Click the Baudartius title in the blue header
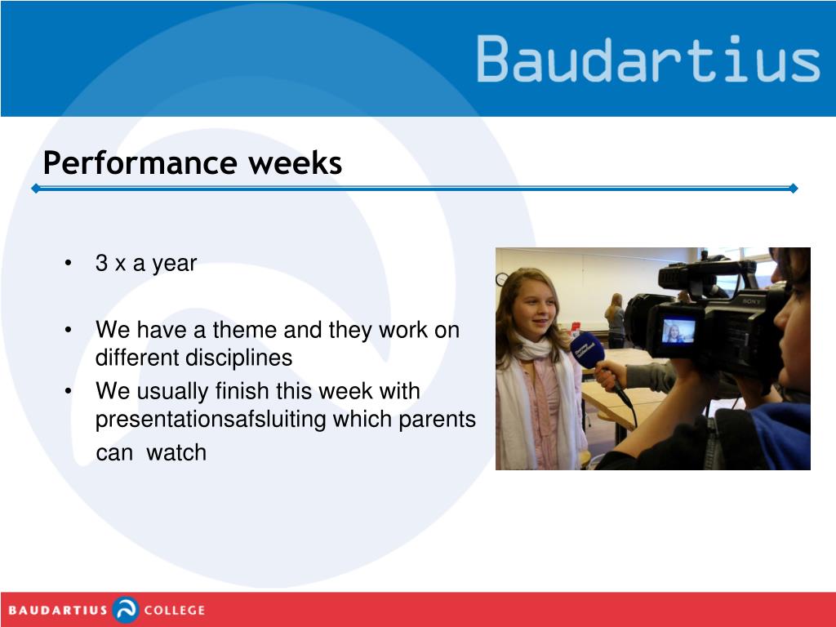coord(647,59)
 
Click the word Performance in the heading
coord(140,163)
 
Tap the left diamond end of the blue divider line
coord(36,189)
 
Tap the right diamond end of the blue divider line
coord(794,189)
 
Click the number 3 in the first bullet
coord(101,263)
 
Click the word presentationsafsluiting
coord(211,420)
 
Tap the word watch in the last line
coord(176,452)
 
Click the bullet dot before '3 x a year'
coord(68,263)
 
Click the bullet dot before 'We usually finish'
coord(68,391)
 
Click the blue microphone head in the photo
coord(587,349)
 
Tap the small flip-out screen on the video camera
coord(678,331)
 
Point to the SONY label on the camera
coord(751,302)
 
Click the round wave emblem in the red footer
coord(126,610)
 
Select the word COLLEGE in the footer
coord(175,611)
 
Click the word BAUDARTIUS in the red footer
coord(58,611)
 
